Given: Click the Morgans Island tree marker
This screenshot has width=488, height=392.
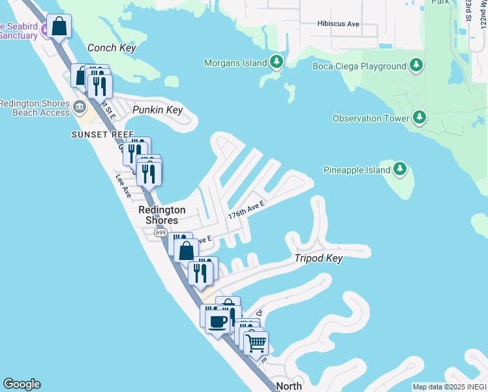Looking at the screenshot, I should [x=277, y=63].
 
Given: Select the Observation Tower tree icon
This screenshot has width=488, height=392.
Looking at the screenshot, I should [x=419, y=118].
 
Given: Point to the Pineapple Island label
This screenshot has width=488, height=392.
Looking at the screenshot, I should [x=357, y=170].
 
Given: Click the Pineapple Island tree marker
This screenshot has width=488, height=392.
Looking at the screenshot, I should [x=400, y=170].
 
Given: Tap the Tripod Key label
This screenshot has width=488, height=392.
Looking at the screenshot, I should [x=320, y=259].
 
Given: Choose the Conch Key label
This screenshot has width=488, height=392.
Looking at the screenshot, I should [x=111, y=48].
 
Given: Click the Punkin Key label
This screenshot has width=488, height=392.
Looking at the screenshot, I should [x=157, y=110].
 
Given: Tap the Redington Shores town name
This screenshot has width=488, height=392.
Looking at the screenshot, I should [x=162, y=215].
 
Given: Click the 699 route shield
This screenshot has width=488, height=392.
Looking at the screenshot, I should [x=160, y=233].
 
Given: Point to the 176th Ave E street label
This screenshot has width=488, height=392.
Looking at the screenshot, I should [x=246, y=210].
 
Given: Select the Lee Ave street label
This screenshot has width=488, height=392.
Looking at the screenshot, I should [x=123, y=185].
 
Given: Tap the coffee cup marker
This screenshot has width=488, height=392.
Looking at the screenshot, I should [x=218, y=321].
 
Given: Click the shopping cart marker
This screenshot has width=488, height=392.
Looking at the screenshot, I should [x=257, y=342].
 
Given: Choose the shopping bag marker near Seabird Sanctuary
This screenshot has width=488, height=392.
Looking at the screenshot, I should [x=59, y=27].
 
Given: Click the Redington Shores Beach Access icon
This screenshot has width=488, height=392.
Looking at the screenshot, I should [x=80, y=106].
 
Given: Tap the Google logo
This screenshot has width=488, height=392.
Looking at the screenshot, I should [x=22, y=384].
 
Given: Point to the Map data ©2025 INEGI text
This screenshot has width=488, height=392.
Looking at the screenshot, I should [x=448, y=387].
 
